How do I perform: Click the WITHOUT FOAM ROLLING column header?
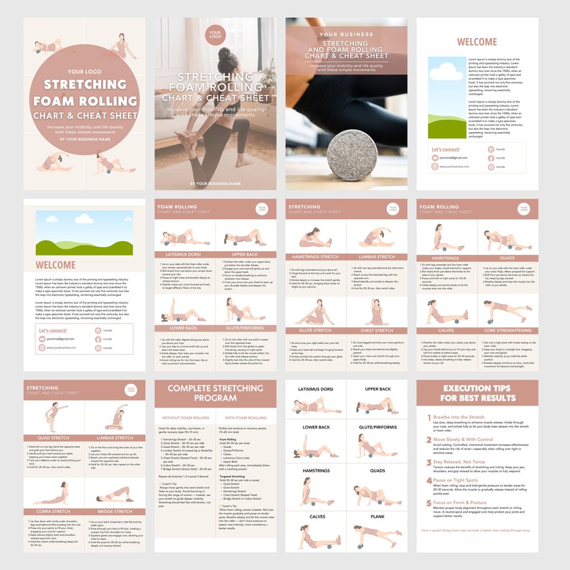[185, 417]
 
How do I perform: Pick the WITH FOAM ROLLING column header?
[246, 417]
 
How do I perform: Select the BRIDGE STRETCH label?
[115, 511]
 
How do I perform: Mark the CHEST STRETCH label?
[375, 330]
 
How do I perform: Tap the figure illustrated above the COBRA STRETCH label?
[55, 491]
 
